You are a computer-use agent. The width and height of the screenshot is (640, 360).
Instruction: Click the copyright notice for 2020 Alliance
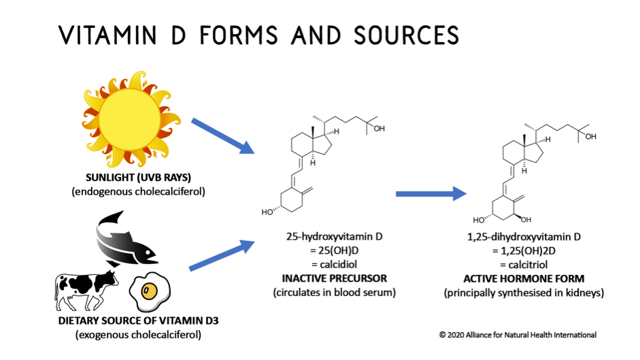pyautogui.click(x=518, y=335)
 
